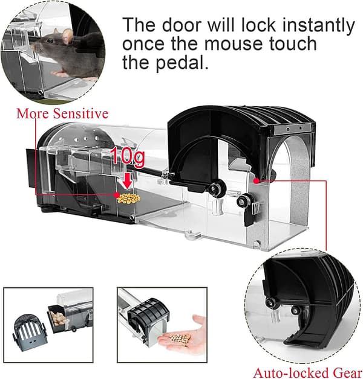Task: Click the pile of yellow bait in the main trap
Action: [129, 198]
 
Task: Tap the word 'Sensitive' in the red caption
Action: [80, 113]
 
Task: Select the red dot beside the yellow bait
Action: [117, 194]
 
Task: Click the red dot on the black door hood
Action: [257, 180]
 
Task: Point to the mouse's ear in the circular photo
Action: [67, 36]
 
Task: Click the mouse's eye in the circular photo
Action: [50, 41]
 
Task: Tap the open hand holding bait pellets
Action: [181, 334]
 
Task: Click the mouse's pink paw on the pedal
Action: [60, 73]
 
